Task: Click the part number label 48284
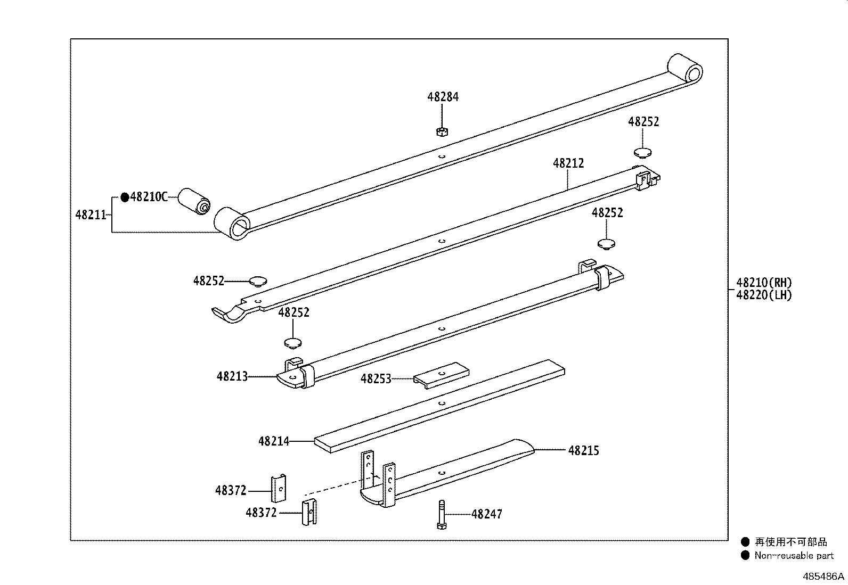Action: tap(443, 97)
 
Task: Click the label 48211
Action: tap(91, 215)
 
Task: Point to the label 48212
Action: tap(568, 163)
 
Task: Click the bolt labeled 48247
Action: tap(442, 514)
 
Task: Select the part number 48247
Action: tap(486, 514)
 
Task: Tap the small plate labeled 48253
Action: tap(442, 375)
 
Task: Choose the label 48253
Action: tap(376, 378)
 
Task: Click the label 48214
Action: tap(274, 441)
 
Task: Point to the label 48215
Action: tap(583, 451)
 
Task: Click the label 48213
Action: tap(232, 377)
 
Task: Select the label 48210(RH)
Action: tap(764, 283)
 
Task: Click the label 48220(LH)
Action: tap(764, 295)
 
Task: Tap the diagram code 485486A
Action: tap(823, 576)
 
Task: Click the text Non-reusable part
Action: tap(794, 556)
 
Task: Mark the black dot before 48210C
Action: tap(125, 197)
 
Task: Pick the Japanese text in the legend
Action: tap(790, 542)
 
